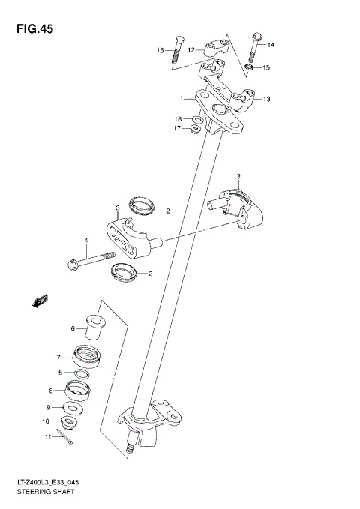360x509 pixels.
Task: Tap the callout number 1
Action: coord(181,98)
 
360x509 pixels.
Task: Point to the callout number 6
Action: coord(73,328)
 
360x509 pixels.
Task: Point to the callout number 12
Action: coord(191,50)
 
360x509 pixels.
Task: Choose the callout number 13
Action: coord(265,99)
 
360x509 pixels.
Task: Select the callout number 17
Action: coord(178,129)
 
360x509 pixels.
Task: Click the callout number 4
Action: coord(86,241)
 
